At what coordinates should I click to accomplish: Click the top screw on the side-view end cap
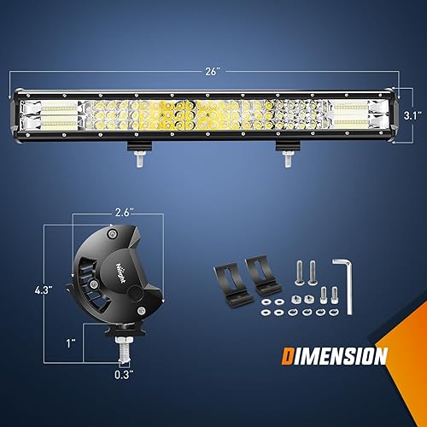[111, 231]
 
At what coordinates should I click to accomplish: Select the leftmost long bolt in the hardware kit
[300, 273]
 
